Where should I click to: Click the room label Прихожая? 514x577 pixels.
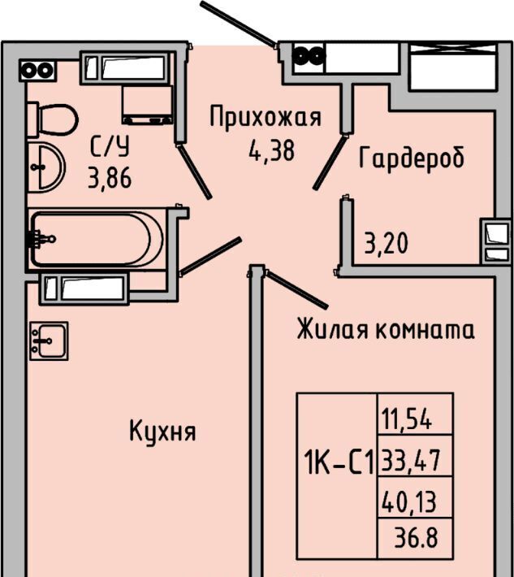pos(266,117)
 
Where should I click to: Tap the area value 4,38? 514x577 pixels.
pos(272,151)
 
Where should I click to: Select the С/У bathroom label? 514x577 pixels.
pos(110,146)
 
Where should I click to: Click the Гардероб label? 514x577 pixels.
pos(412,158)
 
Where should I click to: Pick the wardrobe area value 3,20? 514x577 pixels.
pos(386,243)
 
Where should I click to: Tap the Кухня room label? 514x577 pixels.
pos(162,432)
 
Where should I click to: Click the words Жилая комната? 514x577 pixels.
pos(386,328)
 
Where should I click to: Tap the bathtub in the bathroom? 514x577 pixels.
pos(96,239)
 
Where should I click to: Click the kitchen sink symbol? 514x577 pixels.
pos(49,341)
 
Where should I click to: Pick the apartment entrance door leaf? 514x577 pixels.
pos(238,24)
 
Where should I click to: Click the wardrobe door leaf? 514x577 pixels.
pos(330,163)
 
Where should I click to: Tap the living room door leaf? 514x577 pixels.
pos(296,288)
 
